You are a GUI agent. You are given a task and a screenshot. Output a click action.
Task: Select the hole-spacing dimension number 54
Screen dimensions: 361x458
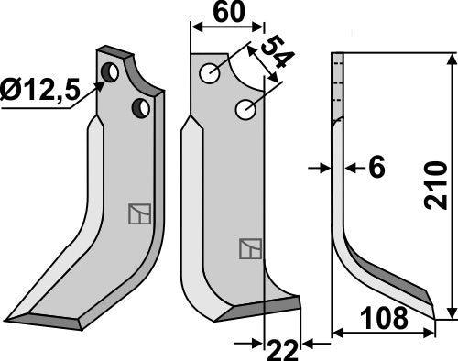click(272, 57)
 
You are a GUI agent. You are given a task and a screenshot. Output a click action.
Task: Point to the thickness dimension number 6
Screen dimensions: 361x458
click(376, 168)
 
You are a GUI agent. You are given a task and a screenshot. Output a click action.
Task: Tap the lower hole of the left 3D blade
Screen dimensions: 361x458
click(142, 109)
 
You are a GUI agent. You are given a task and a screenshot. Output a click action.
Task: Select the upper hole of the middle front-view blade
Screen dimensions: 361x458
click(210, 72)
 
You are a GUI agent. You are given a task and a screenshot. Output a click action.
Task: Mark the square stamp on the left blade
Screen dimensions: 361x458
click(137, 213)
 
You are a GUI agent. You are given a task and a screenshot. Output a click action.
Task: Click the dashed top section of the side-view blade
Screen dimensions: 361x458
click(337, 87)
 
